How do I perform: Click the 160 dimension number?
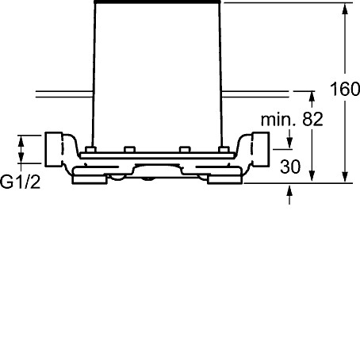(345, 89)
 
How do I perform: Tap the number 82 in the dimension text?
(312, 119)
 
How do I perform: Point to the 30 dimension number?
(290, 167)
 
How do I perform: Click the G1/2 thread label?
(21, 182)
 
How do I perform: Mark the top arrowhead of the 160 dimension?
(345, 9)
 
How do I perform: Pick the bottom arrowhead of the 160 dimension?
(345, 177)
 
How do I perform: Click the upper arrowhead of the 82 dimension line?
(312, 97)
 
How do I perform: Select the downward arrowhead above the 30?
(289, 144)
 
